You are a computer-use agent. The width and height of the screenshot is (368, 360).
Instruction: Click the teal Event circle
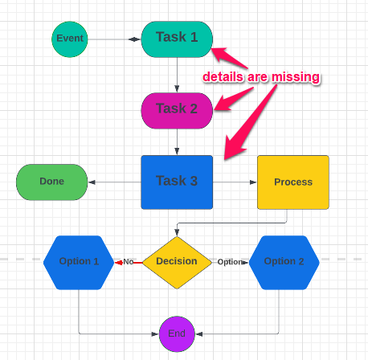tap(70, 39)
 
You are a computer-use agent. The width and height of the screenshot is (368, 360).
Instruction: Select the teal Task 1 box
tap(177, 39)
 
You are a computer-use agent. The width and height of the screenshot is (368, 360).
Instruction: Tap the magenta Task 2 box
tap(177, 111)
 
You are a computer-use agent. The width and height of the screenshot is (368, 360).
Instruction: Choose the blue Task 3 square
tap(177, 182)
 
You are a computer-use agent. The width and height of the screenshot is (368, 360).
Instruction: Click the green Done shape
tap(52, 182)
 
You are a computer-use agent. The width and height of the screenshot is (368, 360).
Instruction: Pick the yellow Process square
tap(293, 182)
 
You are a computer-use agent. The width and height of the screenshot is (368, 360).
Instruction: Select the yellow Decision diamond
tap(177, 263)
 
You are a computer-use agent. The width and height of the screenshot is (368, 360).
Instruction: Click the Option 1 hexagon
tap(79, 263)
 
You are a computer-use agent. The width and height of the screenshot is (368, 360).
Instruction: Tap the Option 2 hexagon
tap(284, 263)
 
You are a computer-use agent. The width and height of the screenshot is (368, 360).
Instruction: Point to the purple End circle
tap(177, 334)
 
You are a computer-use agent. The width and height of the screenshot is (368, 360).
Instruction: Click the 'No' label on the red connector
tap(129, 262)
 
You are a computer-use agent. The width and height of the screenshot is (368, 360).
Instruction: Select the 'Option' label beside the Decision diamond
tap(230, 262)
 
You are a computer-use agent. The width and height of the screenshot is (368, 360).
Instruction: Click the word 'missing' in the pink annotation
tap(296, 77)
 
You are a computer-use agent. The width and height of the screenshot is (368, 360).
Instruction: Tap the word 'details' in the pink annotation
tap(223, 77)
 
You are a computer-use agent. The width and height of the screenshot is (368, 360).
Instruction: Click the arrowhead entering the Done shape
tap(92, 182)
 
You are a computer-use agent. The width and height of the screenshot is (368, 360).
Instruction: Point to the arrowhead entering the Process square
tap(253, 182)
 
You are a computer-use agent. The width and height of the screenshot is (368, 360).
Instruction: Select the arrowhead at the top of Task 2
tap(177, 88)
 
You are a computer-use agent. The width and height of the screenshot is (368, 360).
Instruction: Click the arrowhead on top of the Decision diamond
tap(177, 232)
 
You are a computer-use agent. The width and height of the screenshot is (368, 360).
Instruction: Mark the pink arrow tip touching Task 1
tap(211, 49)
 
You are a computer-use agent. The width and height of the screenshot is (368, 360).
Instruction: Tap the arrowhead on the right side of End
tap(199, 334)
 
